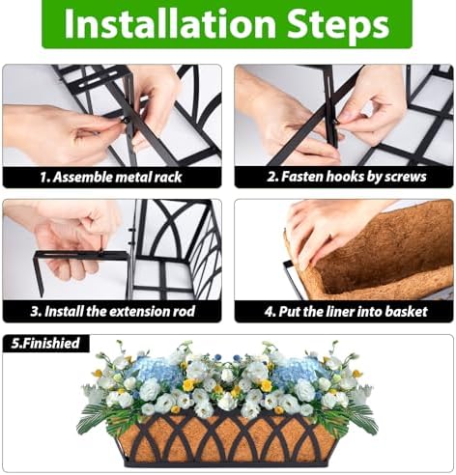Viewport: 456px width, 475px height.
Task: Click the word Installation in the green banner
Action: pyautogui.click(x=169, y=23)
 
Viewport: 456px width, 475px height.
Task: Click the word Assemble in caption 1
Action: pyautogui.click(x=82, y=177)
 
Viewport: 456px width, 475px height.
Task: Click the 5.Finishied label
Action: pyautogui.click(x=45, y=343)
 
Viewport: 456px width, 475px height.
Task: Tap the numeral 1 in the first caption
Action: pyautogui.click(x=43, y=177)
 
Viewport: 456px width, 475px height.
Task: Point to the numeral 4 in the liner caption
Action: pyautogui.click(x=269, y=312)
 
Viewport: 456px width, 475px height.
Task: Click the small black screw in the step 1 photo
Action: pyautogui.click(x=126, y=121)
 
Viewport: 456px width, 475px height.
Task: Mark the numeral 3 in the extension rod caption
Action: pyautogui.click(x=35, y=312)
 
